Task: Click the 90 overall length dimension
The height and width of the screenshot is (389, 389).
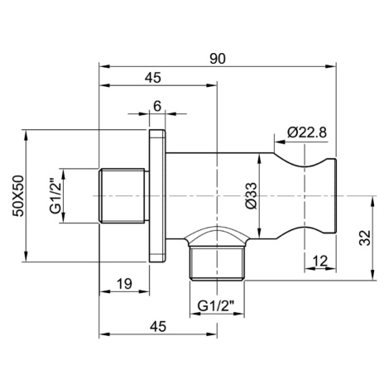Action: click(218, 59)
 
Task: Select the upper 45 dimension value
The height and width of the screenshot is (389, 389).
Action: click(153, 78)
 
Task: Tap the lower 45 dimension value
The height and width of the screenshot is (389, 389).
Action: click(158, 327)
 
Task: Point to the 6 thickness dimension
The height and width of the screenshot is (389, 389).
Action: click(157, 106)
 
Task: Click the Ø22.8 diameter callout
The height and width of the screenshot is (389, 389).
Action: click(307, 132)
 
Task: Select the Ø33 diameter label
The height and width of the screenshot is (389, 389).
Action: click(252, 195)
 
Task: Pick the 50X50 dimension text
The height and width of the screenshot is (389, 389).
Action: click(19, 196)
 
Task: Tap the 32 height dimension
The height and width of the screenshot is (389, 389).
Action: click(365, 238)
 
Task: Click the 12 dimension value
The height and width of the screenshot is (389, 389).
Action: click(320, 261)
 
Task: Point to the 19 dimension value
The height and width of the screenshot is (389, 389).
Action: click(124, 284)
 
